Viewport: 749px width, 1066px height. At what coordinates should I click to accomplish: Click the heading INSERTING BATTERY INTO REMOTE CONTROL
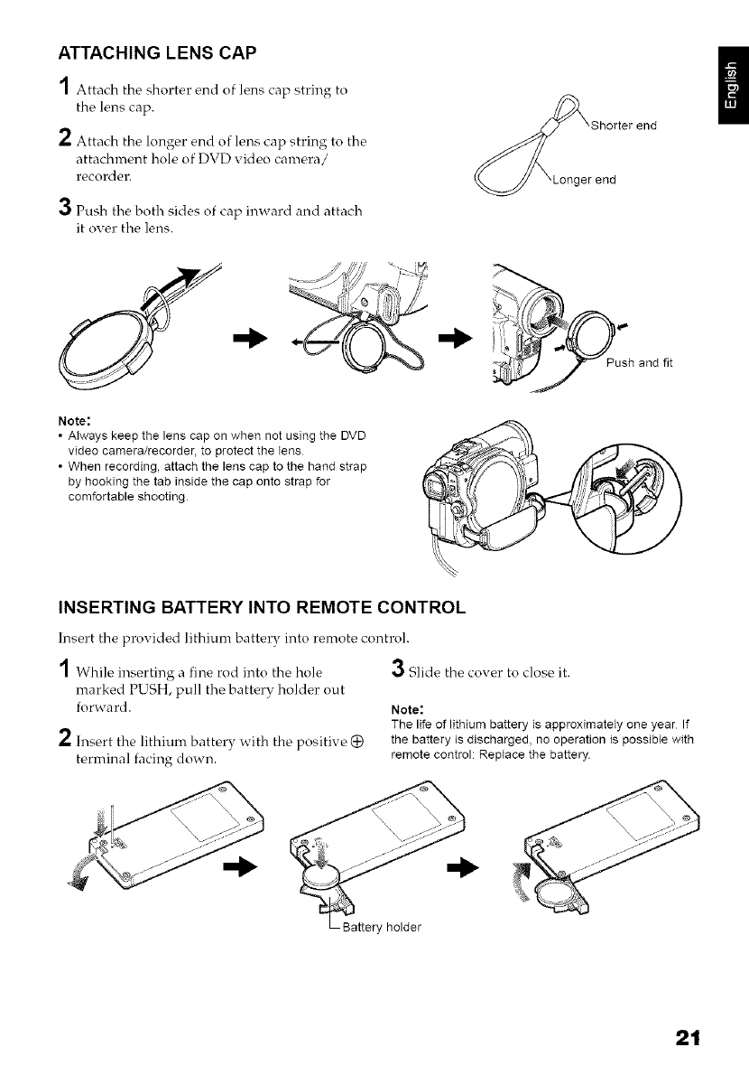point(262,606)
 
